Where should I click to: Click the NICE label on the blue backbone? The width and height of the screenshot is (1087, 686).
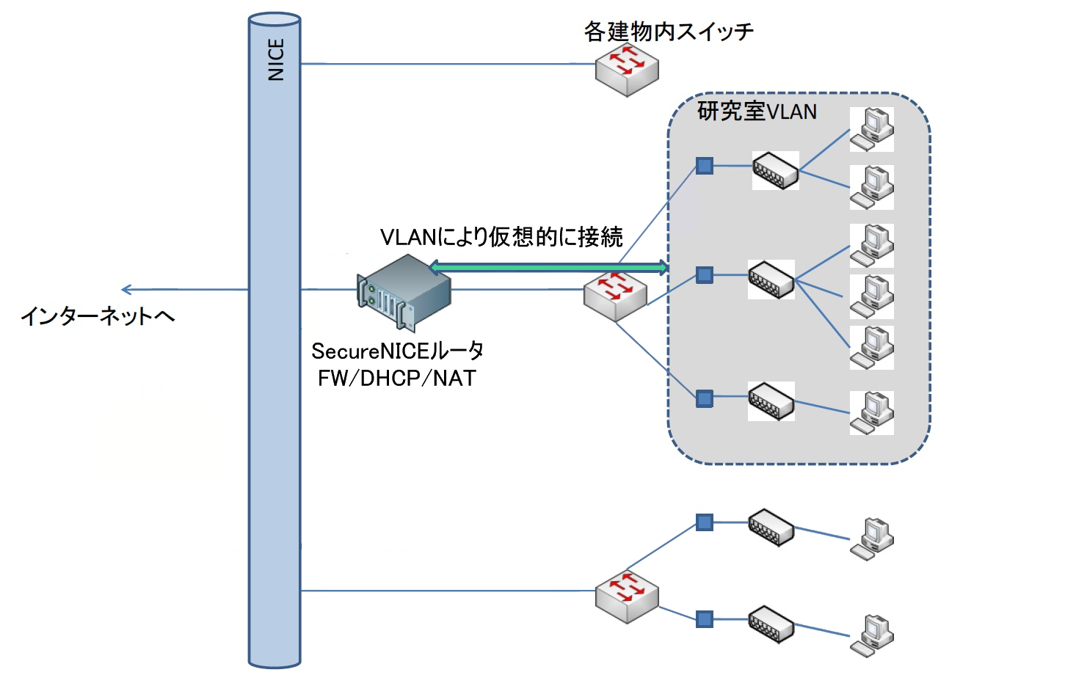[x=275, y=59]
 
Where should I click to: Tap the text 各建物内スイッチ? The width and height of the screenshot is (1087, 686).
[x=668, y=32]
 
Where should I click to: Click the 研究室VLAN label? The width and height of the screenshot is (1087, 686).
[x=757, y=112]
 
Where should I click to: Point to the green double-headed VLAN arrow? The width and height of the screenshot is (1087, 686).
[x=549, y=267]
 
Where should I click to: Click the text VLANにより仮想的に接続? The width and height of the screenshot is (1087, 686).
[x=501, y=237]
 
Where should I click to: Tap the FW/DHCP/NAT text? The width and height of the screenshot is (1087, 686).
[x=397, y=378]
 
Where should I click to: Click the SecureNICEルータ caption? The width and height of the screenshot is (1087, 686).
[x=397, y=351]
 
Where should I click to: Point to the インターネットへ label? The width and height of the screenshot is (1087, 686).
[x=98, y=316]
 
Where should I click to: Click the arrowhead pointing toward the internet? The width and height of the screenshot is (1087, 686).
[x=126, y=290]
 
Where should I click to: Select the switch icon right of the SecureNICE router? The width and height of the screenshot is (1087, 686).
[x=615, y=295]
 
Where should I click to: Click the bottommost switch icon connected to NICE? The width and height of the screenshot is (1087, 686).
[x=627, y=597]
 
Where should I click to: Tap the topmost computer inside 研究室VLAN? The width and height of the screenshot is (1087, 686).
[x=871, y=129]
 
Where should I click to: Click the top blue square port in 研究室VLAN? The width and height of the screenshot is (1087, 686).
[x=705, y=166]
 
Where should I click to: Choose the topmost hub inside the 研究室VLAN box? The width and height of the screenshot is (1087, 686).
[x=775, y=170]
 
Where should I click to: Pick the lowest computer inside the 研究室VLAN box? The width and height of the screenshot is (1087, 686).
[x=871, y=412]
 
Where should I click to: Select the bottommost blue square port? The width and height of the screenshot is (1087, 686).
[x=705, y=619]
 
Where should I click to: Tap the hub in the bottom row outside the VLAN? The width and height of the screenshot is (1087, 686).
[x=771, y=624]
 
